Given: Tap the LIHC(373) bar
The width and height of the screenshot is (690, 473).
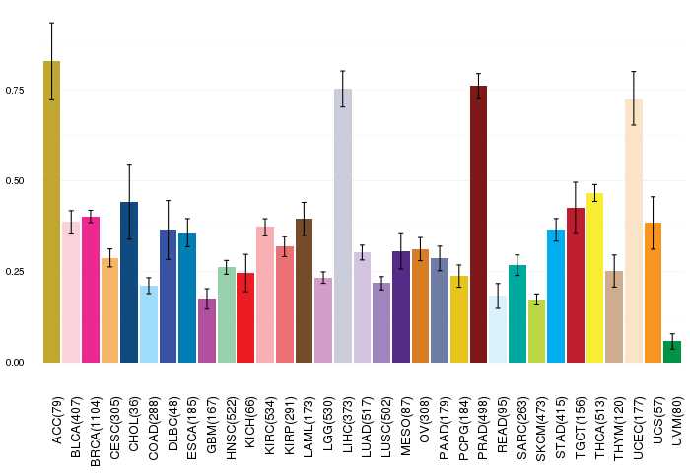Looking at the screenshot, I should pyautogui.click(x=343, y=226).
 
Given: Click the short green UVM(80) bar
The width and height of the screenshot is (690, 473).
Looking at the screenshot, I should pyautogui.click(x=672, y=352).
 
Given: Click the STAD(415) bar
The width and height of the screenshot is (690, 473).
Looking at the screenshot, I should pyautogui.click(x=556, y=296).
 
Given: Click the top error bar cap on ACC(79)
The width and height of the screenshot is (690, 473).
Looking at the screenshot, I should pyautogui.click(x=51, y=23).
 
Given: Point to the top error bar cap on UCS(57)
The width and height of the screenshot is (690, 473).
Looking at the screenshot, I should pyautogui.click(x=654, y=197).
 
